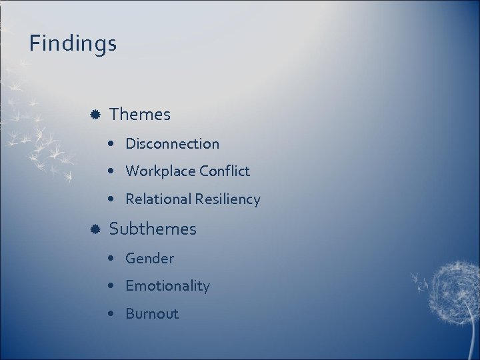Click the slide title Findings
tap(73, 44)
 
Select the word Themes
tap(140, 115)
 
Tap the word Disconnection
tap(172, 143)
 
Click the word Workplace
tap(159, 171)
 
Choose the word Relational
tap(158, 199)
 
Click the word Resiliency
tap(228, 199)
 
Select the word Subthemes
tap(153, 229)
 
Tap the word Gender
tap(149, 258)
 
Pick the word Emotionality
tap(167, 286)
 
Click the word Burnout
tap(152, 314)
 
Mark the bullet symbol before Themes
tap(95, 115)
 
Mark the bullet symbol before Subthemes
tap(95, 229)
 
